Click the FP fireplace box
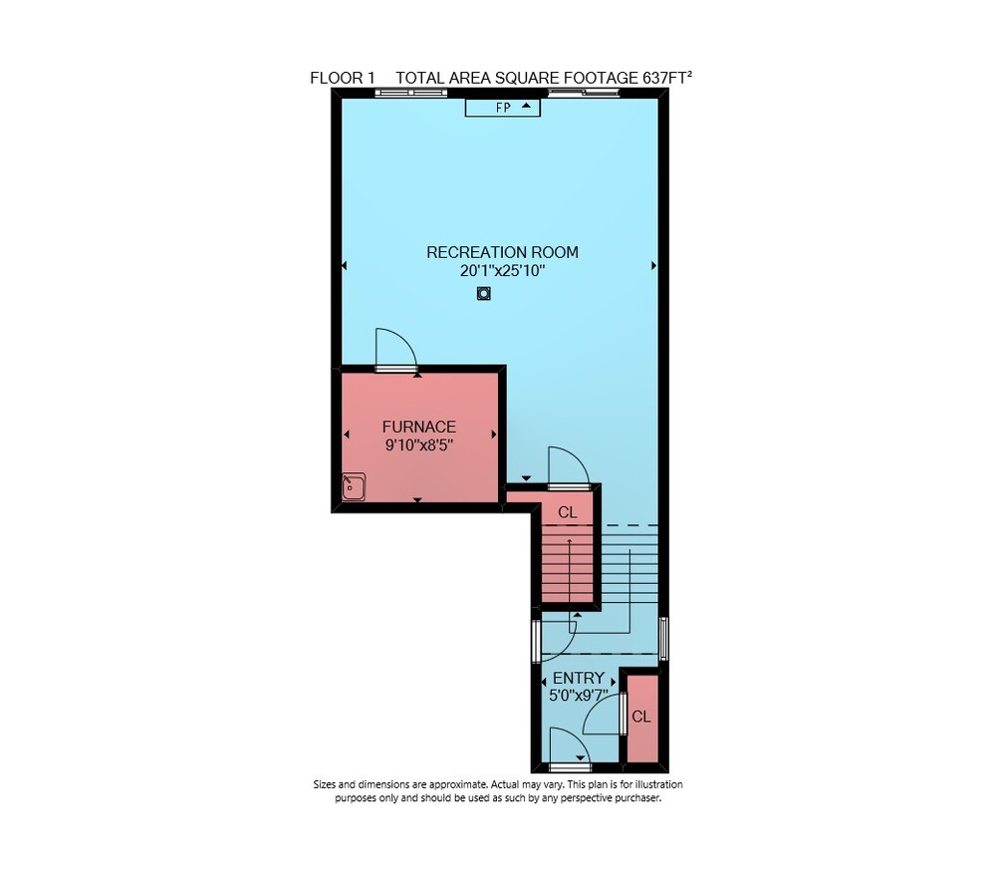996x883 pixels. click(502, 108)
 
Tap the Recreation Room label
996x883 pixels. click(502, 252)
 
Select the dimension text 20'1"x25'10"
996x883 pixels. click(502, 271)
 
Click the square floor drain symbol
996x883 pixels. click(484, 294)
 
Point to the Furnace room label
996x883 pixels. click(419, 427)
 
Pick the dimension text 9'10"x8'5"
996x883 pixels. click(419, 445)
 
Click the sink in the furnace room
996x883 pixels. click(354, 486)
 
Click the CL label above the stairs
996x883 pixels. click(568, 512)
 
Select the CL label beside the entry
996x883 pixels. click(640, 718)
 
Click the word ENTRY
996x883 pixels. click(578, 678)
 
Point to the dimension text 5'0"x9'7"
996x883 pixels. click(578, 696)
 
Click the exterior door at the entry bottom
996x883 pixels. click(570, 767)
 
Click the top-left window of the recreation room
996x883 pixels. click(411, 93)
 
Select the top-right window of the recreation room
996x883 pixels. click(584, 93)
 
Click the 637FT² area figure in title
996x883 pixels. click(667, 78)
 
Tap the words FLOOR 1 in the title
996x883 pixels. click(343, 78)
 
